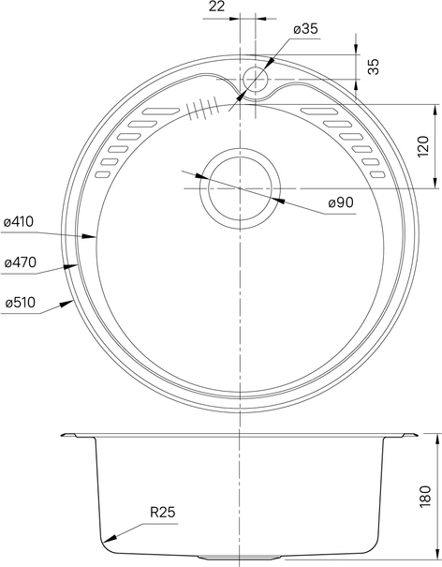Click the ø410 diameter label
19,222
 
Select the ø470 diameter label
21,262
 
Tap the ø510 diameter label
21,302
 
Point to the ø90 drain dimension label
341,202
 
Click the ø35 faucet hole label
306,28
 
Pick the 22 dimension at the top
216,7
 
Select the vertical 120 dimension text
423,146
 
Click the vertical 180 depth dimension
425,496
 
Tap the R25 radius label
163,512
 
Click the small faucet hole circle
255,79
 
